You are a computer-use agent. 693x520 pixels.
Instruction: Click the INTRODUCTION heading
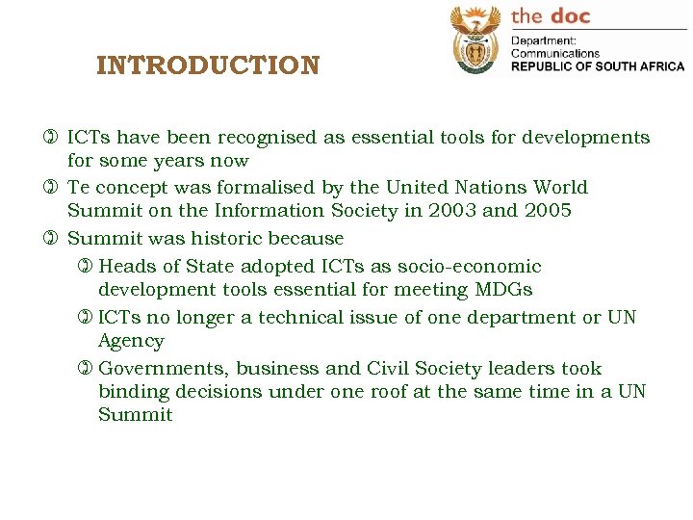point(208,66)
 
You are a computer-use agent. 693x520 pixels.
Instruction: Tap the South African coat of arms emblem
point(475,41)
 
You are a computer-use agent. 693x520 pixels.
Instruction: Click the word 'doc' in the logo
point(571,15)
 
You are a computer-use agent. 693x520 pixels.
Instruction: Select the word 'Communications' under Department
point(554,54)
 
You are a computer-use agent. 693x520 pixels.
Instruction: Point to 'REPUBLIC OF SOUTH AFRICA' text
point(597,66)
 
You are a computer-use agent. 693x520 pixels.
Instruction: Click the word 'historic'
point(218,238)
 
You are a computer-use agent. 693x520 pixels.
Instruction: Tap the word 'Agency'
point(131,341)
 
